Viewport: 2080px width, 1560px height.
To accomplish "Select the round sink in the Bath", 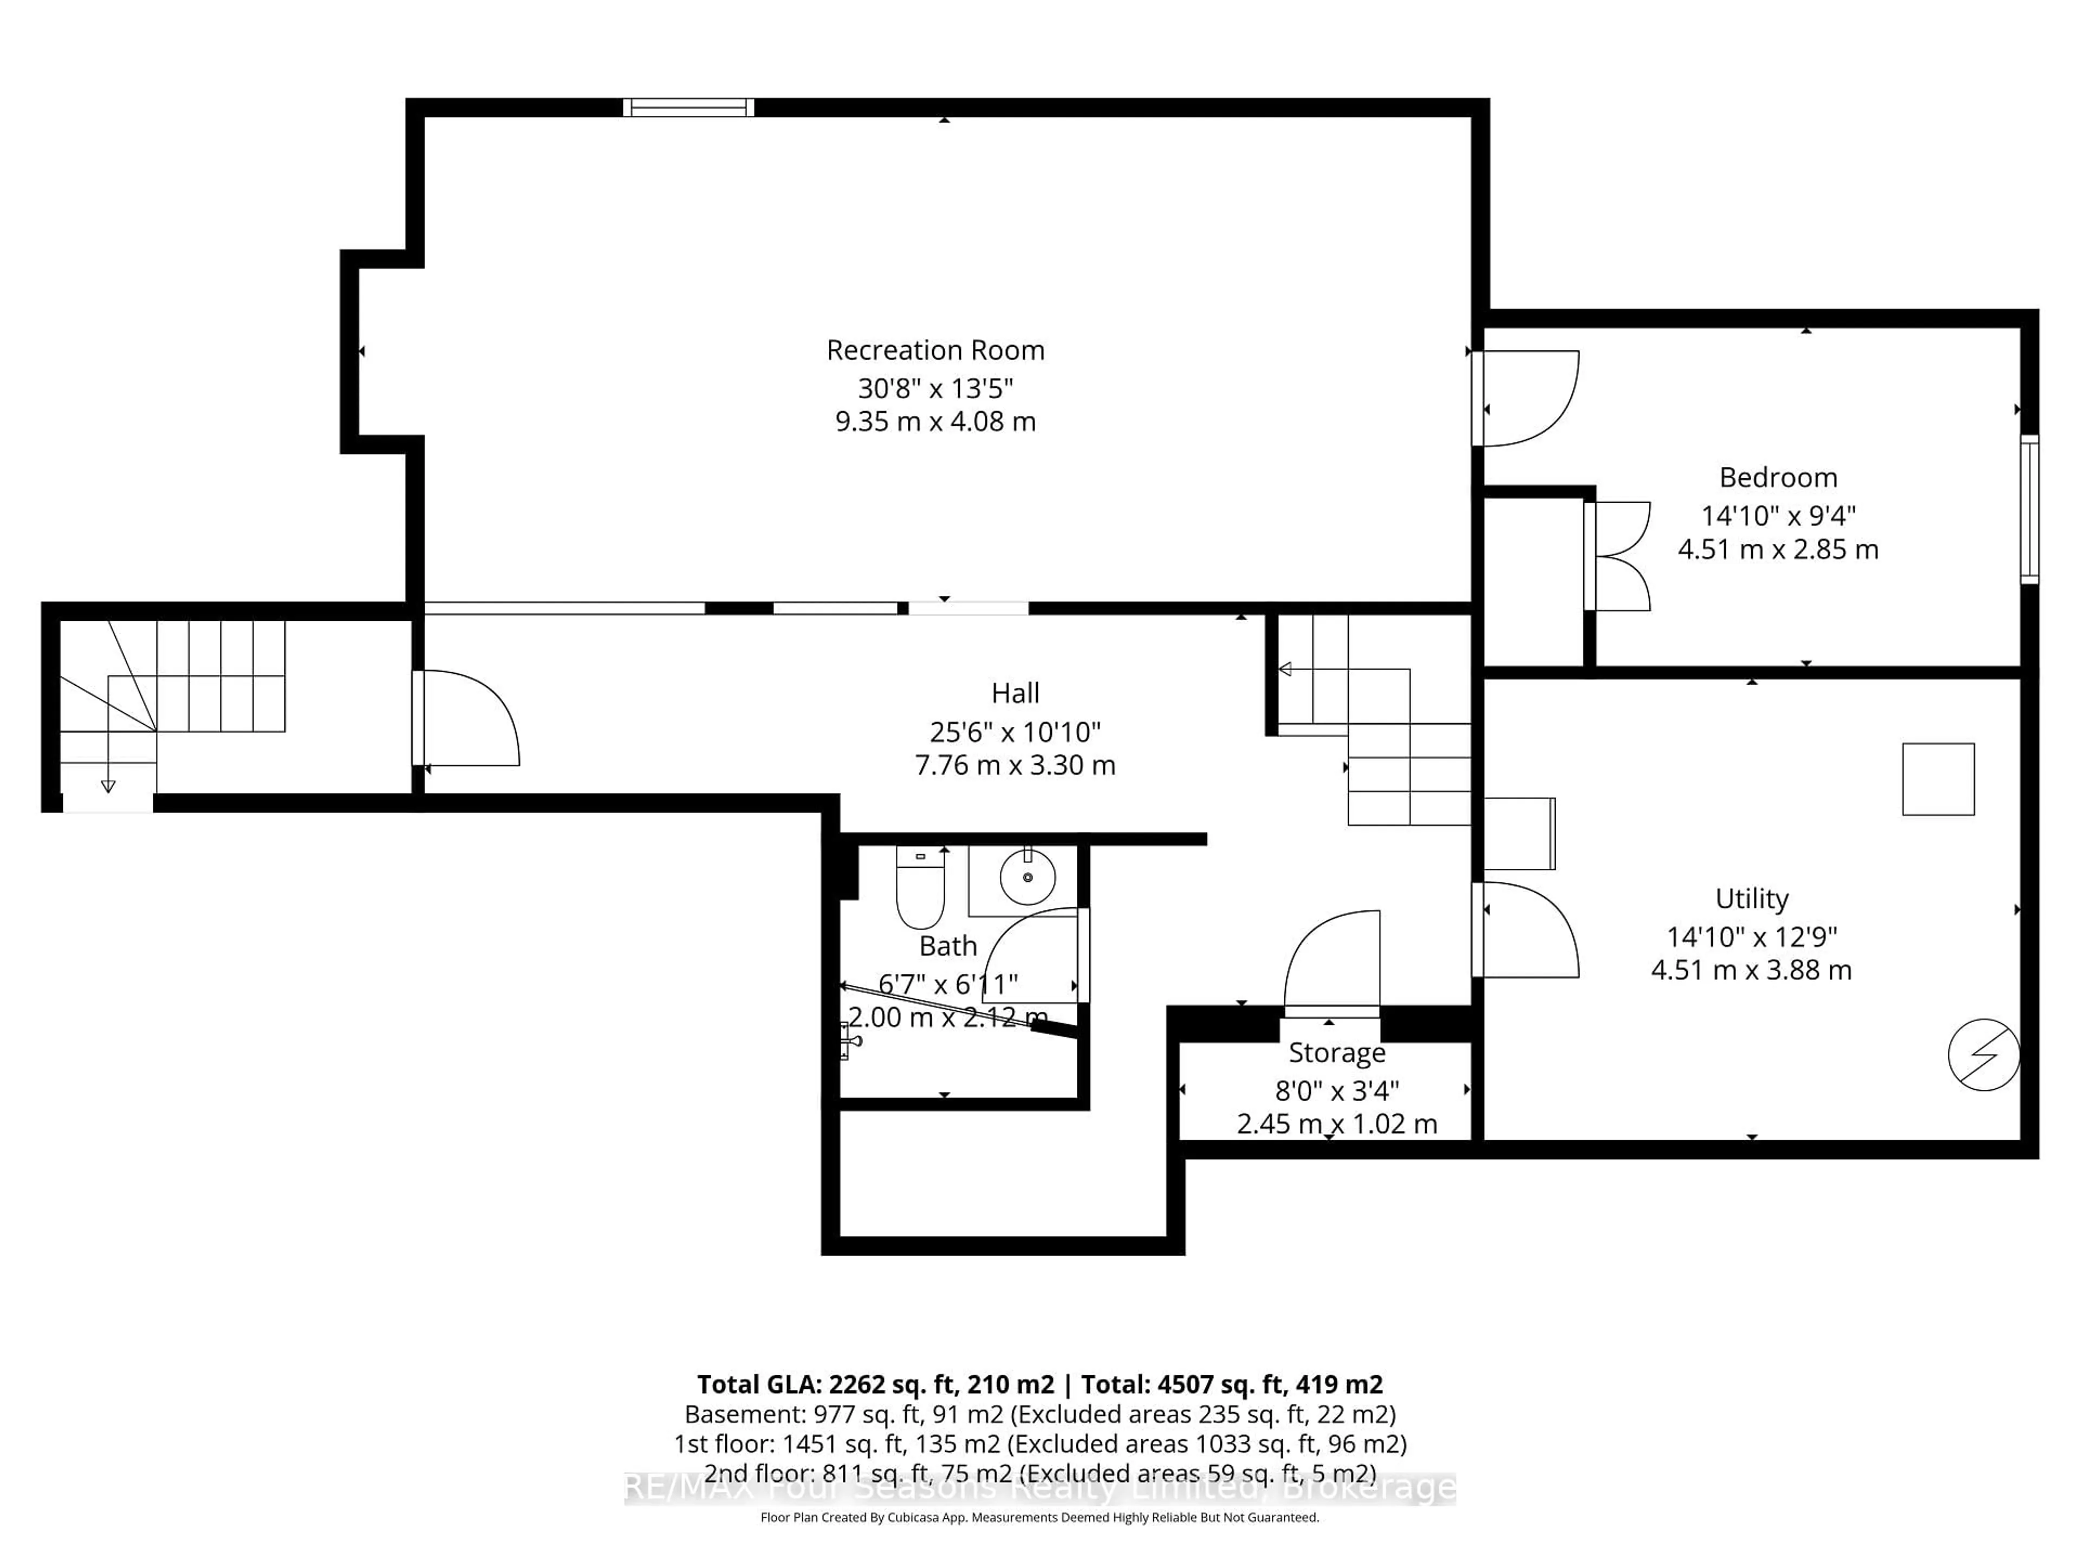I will pyautogui.click(x=1027, y=876).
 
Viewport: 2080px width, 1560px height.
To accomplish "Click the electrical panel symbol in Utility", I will pyautogui.click(x=1983, y=1055).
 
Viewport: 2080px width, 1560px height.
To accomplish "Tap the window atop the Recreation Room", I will pyautogui.click(x=688, y=107).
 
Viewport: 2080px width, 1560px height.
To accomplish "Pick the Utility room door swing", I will pyautogui.click(x=1525, y=929).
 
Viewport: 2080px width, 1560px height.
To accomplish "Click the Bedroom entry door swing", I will pyautogui.click(x=1525, y=397).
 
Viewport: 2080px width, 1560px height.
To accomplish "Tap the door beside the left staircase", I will pyautogui.click(x=465, y=718).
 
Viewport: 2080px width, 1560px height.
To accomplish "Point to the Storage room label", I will pyautogui.click(x=1336, y=1052).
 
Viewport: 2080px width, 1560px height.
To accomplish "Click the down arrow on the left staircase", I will pyautogui.click(x=108, y=786).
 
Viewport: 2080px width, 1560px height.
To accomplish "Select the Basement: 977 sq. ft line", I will pyautogui.click(x=1039, y=1414).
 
